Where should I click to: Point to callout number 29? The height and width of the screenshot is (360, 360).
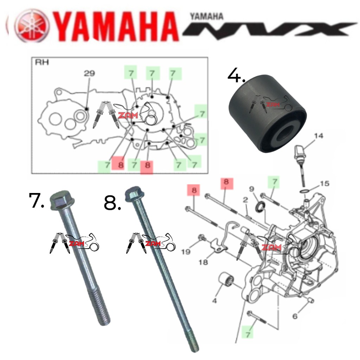pyautogui.click(x=89, y=73)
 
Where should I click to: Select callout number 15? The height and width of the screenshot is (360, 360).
pyautogui.click(x=324, y=184)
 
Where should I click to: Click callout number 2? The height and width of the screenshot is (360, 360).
pyautogui.click(x=245, y=200)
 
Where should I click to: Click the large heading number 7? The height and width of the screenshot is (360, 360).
pyautogui.click(x=37, y=200)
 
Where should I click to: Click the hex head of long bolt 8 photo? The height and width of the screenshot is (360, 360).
pyautogui.click(x=132, y=194)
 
